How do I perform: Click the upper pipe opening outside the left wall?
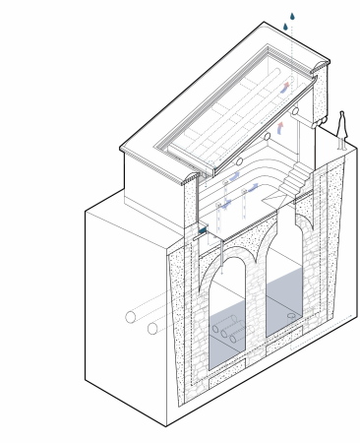coord(130,318)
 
